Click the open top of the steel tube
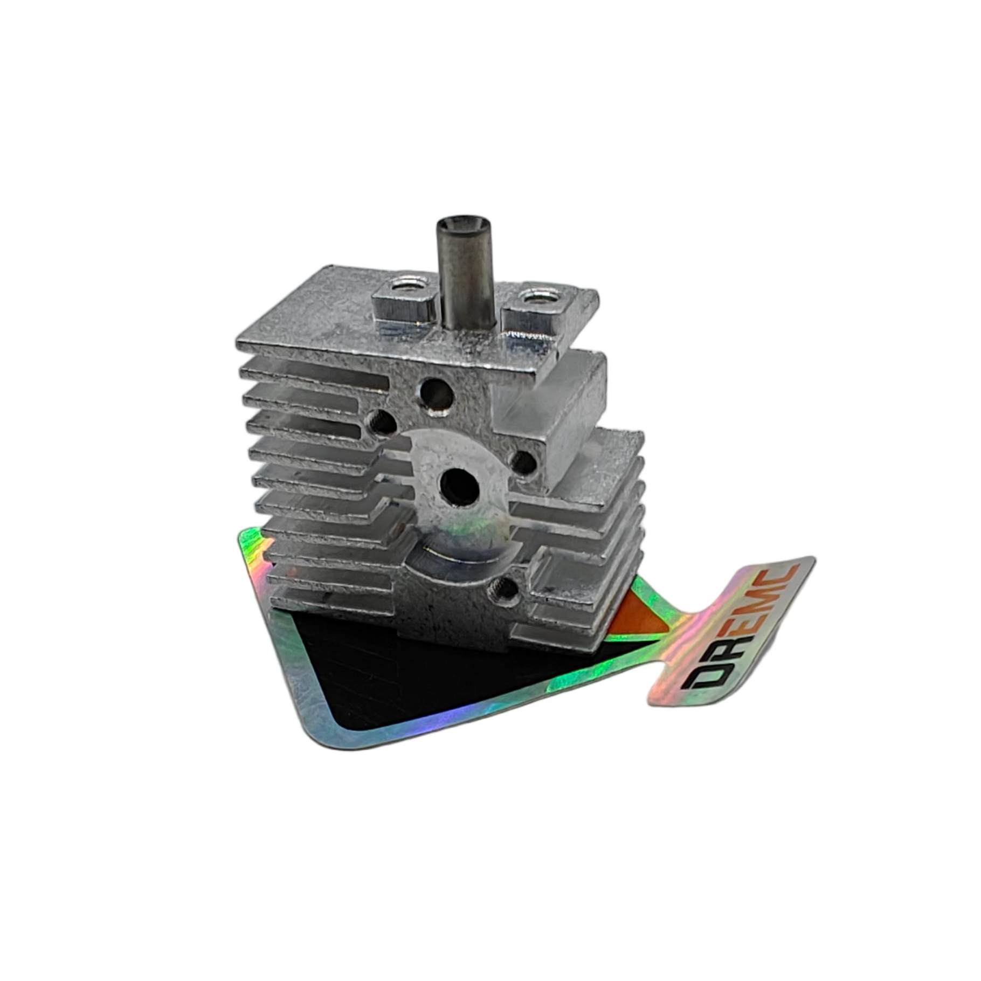463,223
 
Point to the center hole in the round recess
460,483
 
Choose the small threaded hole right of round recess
522,462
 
